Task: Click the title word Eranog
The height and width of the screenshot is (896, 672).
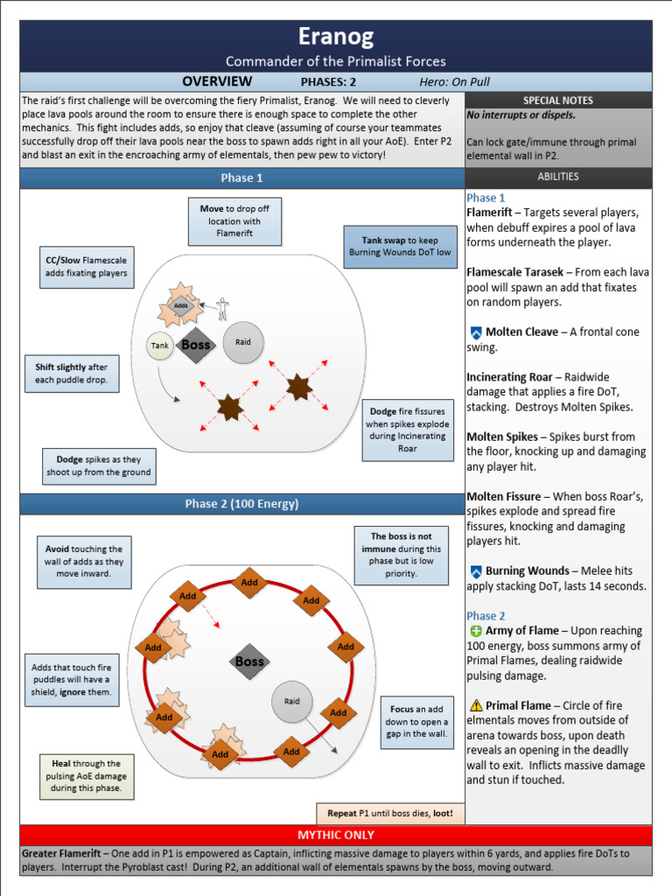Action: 336,37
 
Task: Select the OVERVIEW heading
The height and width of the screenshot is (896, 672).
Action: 216,81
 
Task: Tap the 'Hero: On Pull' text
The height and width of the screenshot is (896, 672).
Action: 454,82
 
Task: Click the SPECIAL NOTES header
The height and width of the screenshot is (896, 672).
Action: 557,101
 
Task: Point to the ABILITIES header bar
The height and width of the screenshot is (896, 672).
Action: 557,177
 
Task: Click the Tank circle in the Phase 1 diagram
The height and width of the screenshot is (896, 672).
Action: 159,346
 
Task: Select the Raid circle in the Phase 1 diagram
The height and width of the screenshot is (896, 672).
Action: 243,342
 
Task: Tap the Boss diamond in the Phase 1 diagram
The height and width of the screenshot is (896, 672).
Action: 196,345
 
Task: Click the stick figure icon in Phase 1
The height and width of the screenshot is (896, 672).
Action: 222,308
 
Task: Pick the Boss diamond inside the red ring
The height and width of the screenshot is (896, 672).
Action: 249,661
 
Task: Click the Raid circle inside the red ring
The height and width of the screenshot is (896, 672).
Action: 292,701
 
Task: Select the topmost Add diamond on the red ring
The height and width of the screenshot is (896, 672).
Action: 250,582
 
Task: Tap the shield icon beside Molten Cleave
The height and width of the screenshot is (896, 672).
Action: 476,332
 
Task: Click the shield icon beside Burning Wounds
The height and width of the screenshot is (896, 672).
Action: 476,571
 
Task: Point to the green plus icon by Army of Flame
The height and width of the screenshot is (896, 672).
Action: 476,631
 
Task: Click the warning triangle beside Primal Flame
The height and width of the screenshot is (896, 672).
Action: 476,705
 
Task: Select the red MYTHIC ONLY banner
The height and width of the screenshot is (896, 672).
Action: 336,835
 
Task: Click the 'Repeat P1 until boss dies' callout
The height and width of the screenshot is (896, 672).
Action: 390,813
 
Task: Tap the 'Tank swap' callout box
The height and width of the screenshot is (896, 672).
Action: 400,247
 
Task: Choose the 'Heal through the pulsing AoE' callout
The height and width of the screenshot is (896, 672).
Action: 86,776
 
